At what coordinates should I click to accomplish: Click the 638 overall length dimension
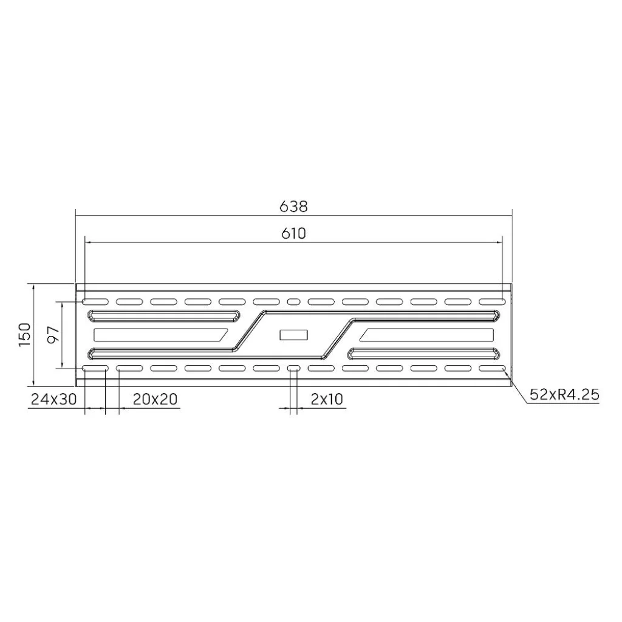click(293, 207)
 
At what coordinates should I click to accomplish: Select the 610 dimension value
click(294, 234)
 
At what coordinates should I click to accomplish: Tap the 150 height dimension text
click(24, 335)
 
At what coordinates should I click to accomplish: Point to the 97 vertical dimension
click(54, 335)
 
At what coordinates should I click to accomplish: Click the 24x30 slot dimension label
click(53, 398)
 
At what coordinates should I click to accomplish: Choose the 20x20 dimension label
click(155, 398)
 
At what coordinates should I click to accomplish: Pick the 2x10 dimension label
click(326, 398)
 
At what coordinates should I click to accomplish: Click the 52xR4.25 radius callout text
click(564, 395)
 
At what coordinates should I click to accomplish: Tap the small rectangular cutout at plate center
click(293, 335)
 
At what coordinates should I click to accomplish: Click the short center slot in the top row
click(293, 302)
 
